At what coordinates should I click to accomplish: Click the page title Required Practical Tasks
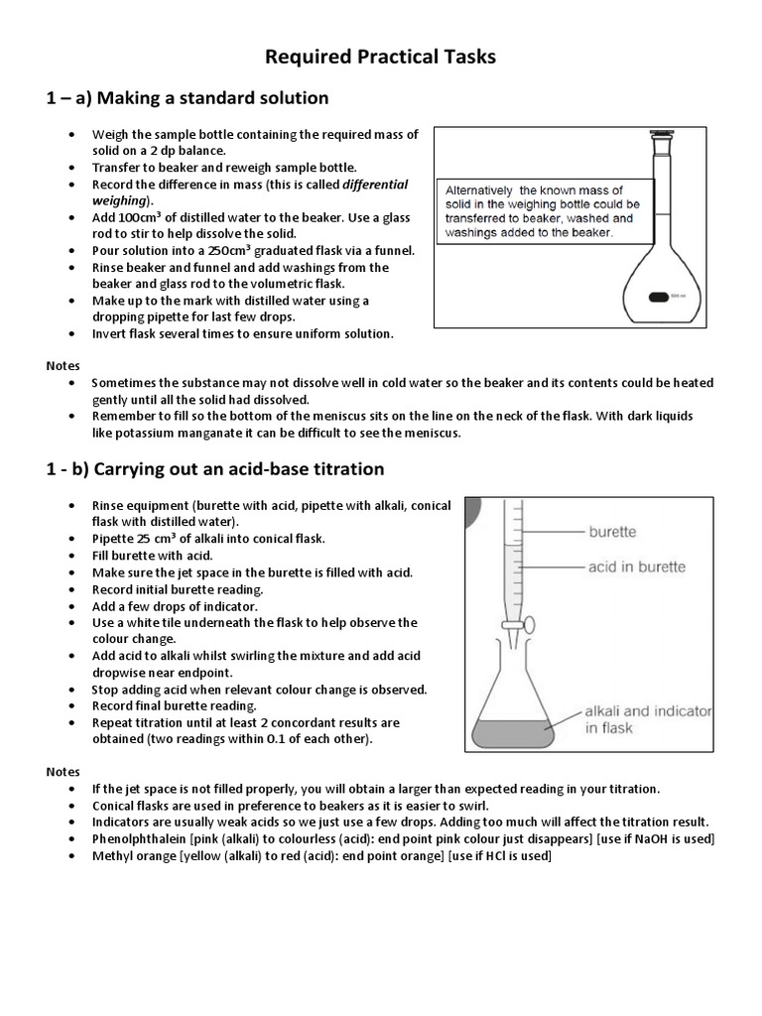click(x=380, y=58)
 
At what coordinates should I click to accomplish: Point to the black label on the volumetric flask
click(x=658, y=296)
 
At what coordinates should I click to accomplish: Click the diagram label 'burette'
click(x=612, y=532)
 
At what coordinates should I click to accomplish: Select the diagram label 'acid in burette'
click(x=636, y=567)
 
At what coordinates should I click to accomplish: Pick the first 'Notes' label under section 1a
click(x=63, y=365)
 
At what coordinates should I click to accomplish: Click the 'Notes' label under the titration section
click(x=63, y=771)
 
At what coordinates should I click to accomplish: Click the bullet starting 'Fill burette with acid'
click(x=153, y=556)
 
